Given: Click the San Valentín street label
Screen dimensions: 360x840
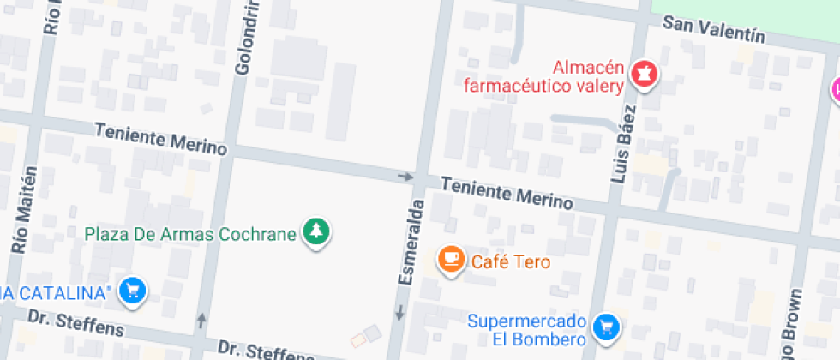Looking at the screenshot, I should [713, 30].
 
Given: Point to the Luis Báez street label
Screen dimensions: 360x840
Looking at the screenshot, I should [624, 143].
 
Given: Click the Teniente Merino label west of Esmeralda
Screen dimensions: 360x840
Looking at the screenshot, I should [161, 140].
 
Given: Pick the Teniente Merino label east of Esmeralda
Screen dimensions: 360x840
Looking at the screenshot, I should [506, 194].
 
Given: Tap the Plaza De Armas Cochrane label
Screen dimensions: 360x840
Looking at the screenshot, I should [190, 232].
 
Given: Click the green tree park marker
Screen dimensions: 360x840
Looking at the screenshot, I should [317, 231].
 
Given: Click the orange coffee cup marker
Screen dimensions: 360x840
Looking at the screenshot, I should [450, 259].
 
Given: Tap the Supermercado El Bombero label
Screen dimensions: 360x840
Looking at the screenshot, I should [527, 330].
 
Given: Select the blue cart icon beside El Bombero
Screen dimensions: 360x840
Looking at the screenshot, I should [607, 327].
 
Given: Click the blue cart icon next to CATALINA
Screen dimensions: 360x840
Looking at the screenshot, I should [132, 291].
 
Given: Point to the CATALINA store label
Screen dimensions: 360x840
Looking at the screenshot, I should [56, 293].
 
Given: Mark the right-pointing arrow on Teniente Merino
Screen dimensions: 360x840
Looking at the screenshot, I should [405, 177].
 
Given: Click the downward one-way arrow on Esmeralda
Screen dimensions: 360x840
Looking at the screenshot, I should [399, 314].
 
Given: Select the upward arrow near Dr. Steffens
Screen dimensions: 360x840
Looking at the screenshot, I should [202, 321].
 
